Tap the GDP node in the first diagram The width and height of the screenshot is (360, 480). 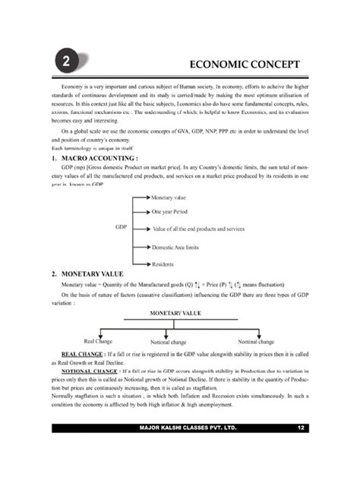[x=121, y=227]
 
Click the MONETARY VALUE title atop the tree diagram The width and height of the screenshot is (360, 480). [x=179, y=312]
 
